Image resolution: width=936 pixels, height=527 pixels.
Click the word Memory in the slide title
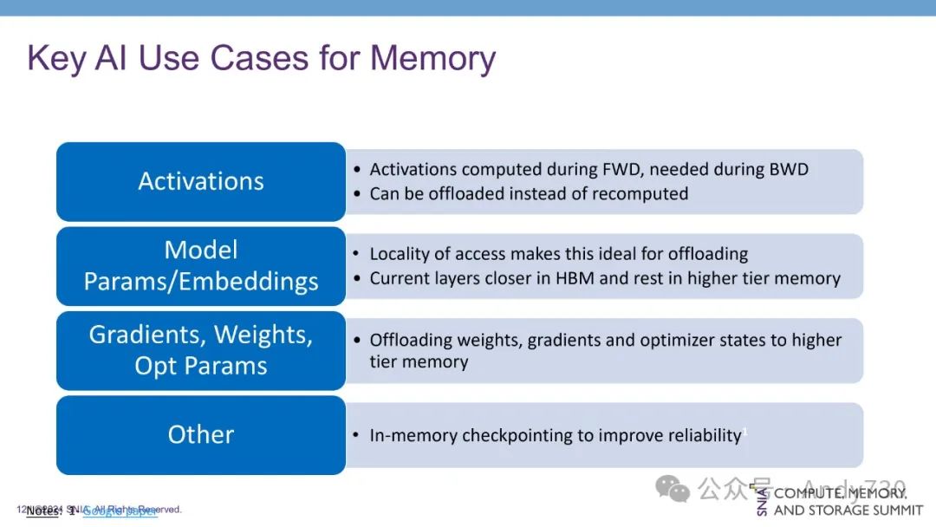432,58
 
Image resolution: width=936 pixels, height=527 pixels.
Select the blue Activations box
201,181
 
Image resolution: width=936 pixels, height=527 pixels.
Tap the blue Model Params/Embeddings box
201,266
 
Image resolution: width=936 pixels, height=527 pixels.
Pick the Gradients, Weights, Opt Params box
201,350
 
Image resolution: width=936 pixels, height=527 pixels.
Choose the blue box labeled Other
201,434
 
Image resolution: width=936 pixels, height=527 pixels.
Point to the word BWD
788,170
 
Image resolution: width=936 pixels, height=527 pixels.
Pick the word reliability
697,435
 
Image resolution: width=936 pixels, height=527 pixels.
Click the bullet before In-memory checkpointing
357,436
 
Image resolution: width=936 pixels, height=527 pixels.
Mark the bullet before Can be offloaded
357,194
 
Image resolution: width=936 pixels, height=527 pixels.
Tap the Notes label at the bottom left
42,511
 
